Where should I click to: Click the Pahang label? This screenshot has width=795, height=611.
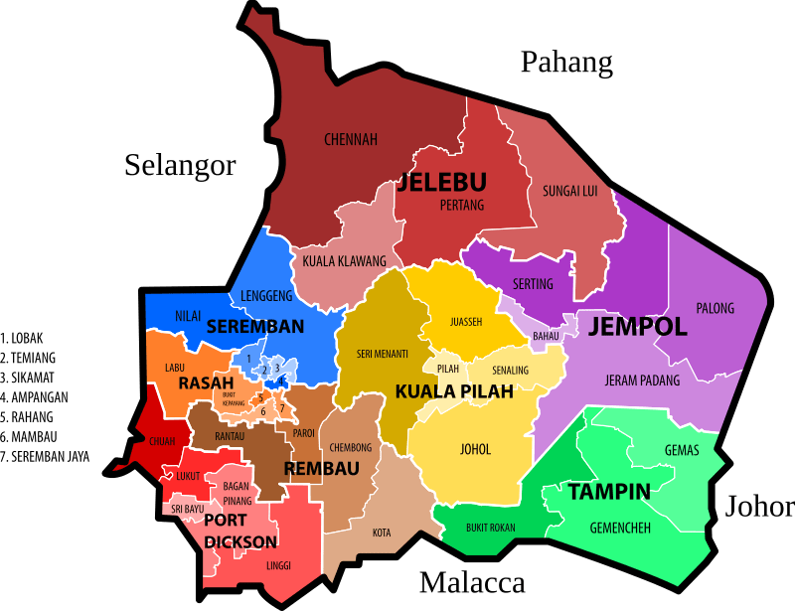tap(566, 63)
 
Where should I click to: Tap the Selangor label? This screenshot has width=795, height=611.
tap(180, 165)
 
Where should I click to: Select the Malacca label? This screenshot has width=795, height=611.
tap(471, 582)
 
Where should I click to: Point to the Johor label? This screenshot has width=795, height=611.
tap(759, 507)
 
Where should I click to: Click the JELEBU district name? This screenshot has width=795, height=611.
tap(441, 183)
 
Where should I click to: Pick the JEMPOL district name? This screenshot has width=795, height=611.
tap(637, 328)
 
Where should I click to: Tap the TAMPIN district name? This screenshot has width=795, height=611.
tap(609, 491)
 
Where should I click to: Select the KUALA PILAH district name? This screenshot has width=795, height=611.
tap(454, 391)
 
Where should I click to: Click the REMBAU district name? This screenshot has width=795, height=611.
tap(321, 468)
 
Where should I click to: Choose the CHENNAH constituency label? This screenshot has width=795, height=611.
tap(351, 139)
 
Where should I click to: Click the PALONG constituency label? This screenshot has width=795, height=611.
tap(715, 308)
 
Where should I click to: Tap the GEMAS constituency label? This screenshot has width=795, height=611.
tap(682, 450)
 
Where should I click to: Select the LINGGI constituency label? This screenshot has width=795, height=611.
tap(279, 565)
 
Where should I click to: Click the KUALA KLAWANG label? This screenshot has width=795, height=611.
tap(344, 261)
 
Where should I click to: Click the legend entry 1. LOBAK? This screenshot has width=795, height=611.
tap(21, 338)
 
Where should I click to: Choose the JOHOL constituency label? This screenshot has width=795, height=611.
tap(476, 449)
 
